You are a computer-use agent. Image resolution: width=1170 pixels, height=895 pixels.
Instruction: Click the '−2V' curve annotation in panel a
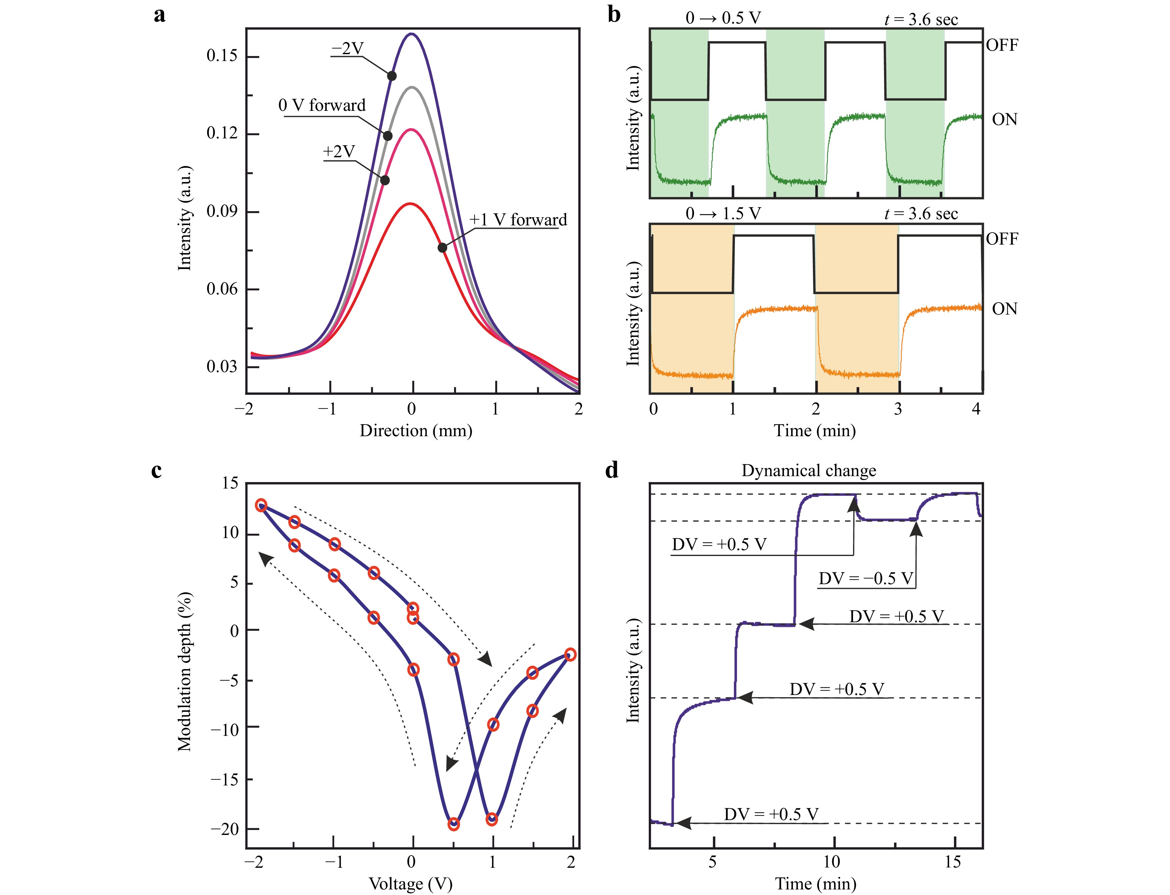click(347, 49)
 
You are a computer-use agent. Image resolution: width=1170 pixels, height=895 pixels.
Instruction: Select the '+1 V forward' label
click(518, 220)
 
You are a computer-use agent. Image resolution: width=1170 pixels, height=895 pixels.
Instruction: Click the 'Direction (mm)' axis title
click(416, 430)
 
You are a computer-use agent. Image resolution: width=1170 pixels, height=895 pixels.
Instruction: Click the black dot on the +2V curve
click(384, 180)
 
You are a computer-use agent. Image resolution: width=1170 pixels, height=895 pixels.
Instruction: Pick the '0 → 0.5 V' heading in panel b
click(723, 19)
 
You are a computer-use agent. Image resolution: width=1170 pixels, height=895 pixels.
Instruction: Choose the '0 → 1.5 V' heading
click(723, 214)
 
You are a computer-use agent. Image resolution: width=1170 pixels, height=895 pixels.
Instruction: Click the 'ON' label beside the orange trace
click(1004, 309)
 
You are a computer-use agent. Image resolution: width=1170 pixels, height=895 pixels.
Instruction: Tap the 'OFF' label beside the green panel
click(1002, 45)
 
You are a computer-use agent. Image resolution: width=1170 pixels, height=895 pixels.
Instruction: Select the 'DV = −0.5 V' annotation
click(866, 579)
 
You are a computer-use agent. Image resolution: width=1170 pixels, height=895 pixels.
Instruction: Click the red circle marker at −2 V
click(261, 505)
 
